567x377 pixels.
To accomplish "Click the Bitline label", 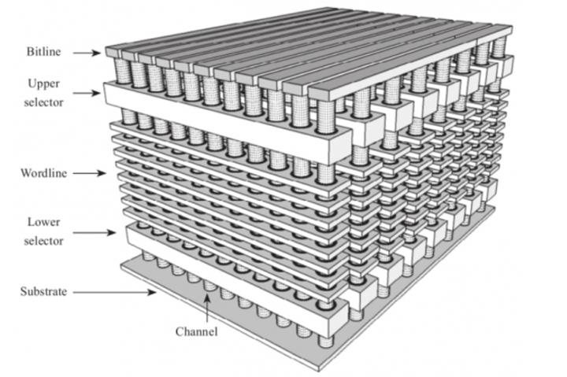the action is pos(43,52).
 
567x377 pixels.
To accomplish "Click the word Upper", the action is pos(43,84).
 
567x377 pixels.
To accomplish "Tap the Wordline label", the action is pos(43,173).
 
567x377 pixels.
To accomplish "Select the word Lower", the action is pos(43,222).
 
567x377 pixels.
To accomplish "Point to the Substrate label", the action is pos(43,291).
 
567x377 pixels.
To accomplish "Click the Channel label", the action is pos(196,331).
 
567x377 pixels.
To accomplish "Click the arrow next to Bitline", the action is pos(87,54).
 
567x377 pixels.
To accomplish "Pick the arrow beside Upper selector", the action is pos(87,93).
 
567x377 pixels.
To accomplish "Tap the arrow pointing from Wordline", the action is pos(89,173).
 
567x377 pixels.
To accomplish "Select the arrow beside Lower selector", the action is pos(94,232).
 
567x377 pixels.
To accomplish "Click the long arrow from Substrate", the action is pos(115,292).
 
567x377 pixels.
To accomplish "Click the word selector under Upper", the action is pos(43,102).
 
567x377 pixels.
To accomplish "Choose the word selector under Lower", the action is pos(43,241).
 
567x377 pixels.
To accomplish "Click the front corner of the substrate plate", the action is pos(318,368).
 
